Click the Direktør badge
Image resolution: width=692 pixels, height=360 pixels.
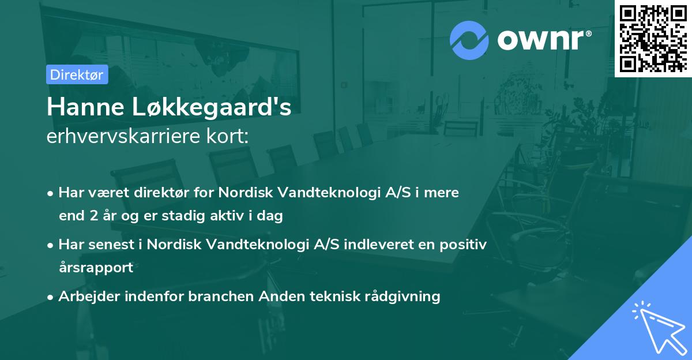[77, 74]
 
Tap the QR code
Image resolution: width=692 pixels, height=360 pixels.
[653, 39]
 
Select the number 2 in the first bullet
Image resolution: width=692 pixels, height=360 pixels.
[93, 216]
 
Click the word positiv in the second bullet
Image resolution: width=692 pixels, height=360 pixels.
[465, 244]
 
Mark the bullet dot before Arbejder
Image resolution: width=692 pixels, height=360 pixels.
[51, 297]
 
